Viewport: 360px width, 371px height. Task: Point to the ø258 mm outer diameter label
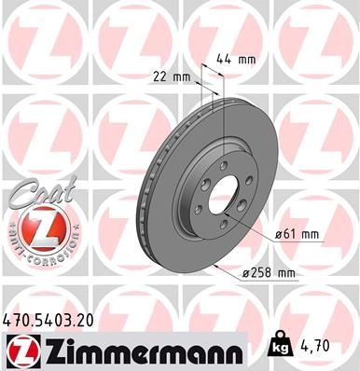269,272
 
